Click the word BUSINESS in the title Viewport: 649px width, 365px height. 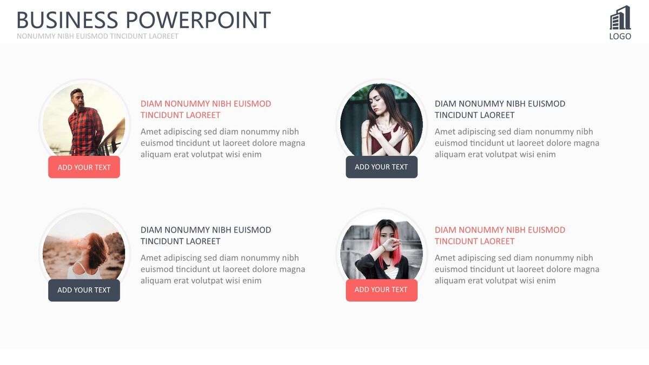pos(68,20)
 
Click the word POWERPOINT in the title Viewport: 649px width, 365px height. pos(198,20)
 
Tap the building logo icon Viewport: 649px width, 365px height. pos(620,18)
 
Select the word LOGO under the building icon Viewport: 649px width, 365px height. pos(620,37)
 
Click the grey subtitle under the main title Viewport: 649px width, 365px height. pos(97,36)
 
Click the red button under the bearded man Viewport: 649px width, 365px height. pos(84,167)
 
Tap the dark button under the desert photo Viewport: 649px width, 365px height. pos(84,290)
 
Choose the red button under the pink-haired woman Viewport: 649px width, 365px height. pos(382,290)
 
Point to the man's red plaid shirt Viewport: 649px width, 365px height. pos(85,131)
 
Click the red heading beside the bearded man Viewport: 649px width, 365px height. pos(206,109)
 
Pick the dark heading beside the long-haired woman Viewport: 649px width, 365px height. pos(500,109)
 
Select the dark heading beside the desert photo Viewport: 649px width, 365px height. pos(206,236)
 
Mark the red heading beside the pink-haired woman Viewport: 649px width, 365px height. pos(500,236)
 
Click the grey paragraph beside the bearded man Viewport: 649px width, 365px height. pos(223,143)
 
